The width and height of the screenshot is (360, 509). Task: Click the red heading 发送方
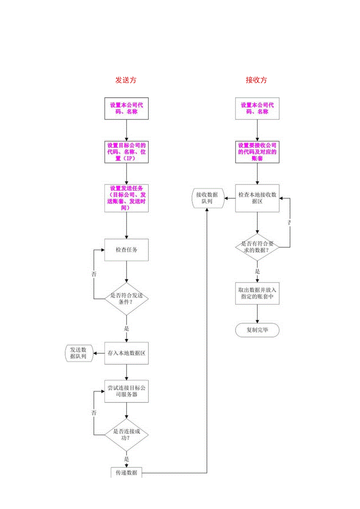tap(126, 80)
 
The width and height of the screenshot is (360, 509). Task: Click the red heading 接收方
tap(256, 80)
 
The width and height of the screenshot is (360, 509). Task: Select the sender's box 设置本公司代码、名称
tap(126, 108)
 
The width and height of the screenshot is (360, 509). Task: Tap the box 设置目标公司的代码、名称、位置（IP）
tap(126, 152)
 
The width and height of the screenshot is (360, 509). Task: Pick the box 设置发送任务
tap(126, 198)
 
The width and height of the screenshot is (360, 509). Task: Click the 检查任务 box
tap(126, 250)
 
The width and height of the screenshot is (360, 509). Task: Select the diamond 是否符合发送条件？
tap(126, 299)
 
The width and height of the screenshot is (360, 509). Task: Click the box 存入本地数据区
tap(126, 353)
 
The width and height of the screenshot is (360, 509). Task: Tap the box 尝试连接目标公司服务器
tap(126, 391)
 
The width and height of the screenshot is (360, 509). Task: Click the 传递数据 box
tap(126, 473)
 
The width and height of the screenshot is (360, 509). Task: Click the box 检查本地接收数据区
tap(257, 198)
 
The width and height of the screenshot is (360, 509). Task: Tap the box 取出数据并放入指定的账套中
tap(257, 293)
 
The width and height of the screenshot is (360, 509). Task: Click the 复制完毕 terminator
tap(257, 330)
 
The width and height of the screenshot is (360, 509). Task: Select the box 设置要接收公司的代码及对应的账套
tap(257, 152)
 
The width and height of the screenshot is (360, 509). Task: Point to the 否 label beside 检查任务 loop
tap(94, 274)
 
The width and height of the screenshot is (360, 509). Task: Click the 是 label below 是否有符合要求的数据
tap(257, 271)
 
